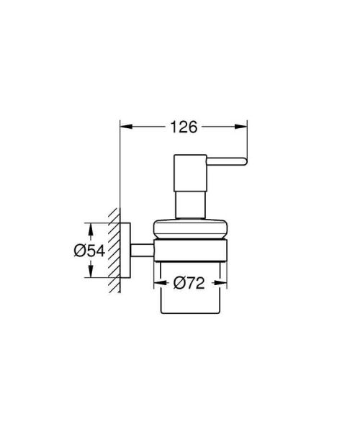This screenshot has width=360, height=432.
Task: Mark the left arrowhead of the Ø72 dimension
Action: coord(160,283)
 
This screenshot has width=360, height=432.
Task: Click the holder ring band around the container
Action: coord(190,252)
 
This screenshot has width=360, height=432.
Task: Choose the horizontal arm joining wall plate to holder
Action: coord(142,251)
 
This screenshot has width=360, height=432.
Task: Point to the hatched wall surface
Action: coord(112,251)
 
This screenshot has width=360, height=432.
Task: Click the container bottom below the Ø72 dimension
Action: coord(190,302)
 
